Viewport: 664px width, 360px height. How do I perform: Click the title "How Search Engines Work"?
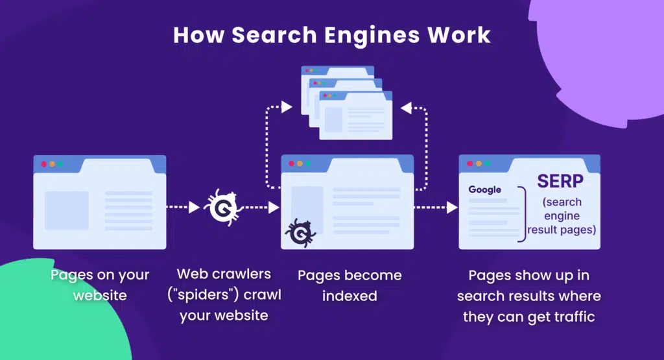pyautogui.click(x=331, y=34)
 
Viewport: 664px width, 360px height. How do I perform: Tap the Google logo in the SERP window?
pyautogui.click(x=484, y=189)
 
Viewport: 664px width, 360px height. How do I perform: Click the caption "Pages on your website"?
pyautogui.click(x=100, y=285)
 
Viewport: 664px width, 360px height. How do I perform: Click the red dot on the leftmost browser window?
pyautogui.click(x=44, y=164)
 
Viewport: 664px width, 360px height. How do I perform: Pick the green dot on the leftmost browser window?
pyautogui.click(x=60, y=164)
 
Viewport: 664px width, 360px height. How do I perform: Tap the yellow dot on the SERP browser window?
pyautogui.click(x=479, y=164)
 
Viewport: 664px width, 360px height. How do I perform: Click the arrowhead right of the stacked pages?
pyautogui.click(x=406, y=108)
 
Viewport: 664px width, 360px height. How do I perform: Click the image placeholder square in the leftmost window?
pyautogui.click(x=66, y=210)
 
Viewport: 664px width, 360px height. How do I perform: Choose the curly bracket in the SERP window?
pyautogui.click(x=522, y=213)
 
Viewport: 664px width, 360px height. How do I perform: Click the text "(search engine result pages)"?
pyautogui.click(x=562, y=215)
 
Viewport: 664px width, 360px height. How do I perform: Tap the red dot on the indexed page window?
pyautogui.click(x=291, y=163)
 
